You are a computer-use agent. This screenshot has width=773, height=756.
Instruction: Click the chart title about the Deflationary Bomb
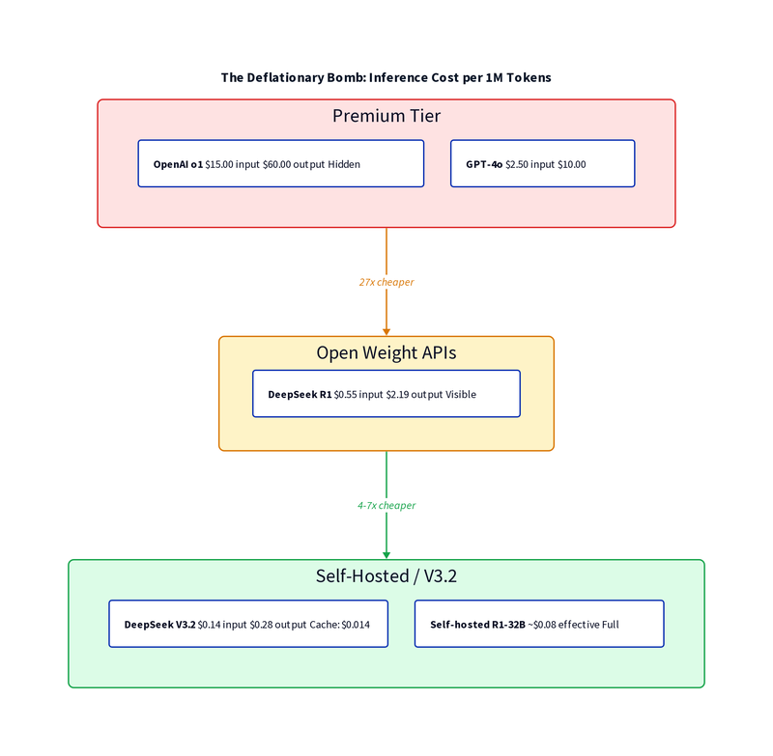coord(386,77)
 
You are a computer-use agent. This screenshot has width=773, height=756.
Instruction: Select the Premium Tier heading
coord(386,117)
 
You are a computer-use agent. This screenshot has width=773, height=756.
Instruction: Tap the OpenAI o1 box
coord(280,164)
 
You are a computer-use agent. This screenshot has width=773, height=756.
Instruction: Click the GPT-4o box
coord(542,164)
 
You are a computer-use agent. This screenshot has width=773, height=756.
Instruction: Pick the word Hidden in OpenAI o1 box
coord(344,165)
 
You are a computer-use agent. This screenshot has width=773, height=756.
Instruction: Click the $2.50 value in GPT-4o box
coord(516,165)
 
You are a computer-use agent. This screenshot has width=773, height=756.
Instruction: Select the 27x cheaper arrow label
coord(386,282)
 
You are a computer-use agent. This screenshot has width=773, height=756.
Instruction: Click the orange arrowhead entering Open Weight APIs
coord(386,330)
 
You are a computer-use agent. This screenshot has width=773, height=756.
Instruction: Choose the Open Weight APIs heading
coord(386,353)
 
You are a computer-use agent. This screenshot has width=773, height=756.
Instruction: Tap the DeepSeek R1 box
coord(386,394)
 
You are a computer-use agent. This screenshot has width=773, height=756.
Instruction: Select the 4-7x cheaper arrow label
coord(386,505)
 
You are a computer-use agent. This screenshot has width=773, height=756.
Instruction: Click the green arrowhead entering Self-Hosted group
coord(386,554)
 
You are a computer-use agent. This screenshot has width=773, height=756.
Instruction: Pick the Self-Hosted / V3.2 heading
coord(386,576)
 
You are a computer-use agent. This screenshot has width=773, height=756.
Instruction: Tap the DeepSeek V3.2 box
coord(248,624)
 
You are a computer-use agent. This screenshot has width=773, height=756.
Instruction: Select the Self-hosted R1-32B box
coord(539,624)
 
